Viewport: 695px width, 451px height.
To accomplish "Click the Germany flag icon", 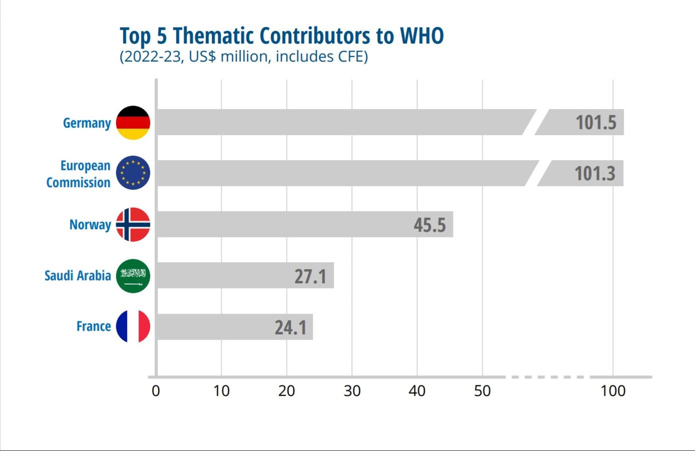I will click(133, 123).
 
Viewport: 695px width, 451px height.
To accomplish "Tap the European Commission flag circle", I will click(133, 173).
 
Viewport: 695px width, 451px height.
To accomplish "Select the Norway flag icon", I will click(133, 224).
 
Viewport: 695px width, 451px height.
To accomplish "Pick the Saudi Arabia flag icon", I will click(133, 276).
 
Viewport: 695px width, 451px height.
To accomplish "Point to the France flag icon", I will click(133, 326).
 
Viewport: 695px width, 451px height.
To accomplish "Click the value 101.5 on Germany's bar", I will click(596, 122).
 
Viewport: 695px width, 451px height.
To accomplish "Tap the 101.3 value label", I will click(595, 173).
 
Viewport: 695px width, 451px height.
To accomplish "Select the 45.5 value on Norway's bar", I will click(430, 225).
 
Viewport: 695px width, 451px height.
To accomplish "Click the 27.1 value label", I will click(310, 276).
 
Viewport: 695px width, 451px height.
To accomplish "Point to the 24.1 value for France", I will click(290, 327).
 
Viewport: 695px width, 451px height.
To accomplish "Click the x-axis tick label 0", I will click(156, 391).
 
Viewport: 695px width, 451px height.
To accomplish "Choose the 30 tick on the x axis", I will click(352, 391).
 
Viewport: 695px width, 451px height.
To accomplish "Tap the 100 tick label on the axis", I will click(613, 391).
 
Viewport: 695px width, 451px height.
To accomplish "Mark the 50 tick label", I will click(482, 391).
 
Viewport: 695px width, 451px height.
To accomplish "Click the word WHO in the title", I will click(422, 36).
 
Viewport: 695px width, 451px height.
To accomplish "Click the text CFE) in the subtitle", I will click(353, 57).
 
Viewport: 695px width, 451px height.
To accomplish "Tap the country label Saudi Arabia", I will click(77, 276).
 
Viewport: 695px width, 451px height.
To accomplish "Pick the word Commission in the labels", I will click(78, 182).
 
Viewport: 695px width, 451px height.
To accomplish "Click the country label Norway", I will click(90, 225).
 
